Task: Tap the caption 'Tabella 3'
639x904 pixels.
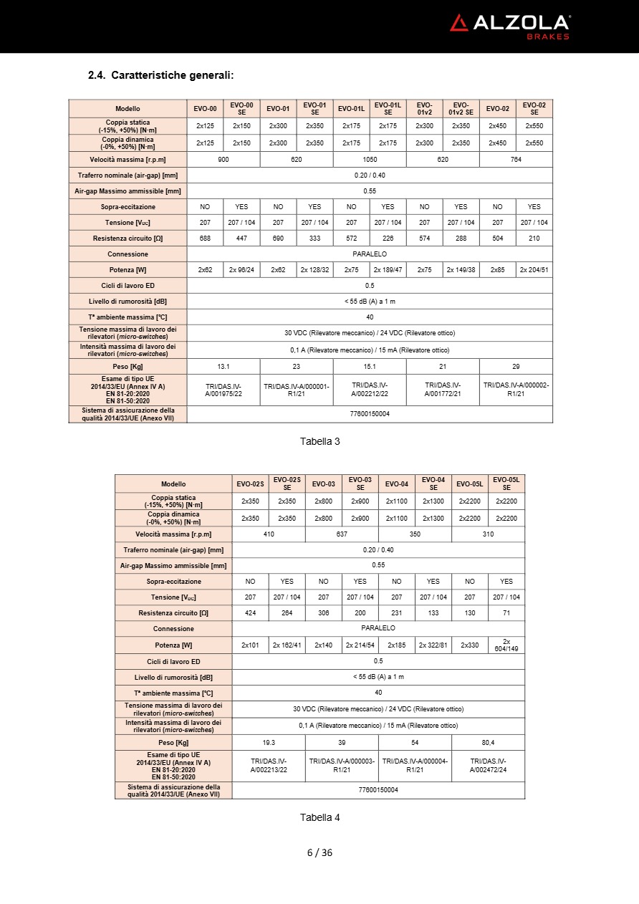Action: [319, 441]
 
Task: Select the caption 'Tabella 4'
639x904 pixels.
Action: [319, 817]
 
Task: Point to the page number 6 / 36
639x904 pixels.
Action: [319, 852]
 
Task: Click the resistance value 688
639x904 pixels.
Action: [205, 239]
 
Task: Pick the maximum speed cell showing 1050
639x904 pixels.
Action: [370, 160]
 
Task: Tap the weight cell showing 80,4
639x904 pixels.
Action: [488, 742]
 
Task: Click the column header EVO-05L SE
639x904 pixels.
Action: [506, 484]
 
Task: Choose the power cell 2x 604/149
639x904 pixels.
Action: [506, 645]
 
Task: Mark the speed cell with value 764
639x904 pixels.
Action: [516, 160]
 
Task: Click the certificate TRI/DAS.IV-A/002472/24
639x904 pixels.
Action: [488, 765]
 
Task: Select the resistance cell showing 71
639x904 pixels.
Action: [506, 612]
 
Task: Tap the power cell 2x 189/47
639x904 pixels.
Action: [388, 270]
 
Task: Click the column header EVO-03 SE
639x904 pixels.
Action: [360, 484]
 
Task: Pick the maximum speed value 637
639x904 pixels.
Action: [342, 534]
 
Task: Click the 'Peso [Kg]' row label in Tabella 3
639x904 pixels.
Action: [128, 366]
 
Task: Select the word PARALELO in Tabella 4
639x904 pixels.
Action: [378, 628]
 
